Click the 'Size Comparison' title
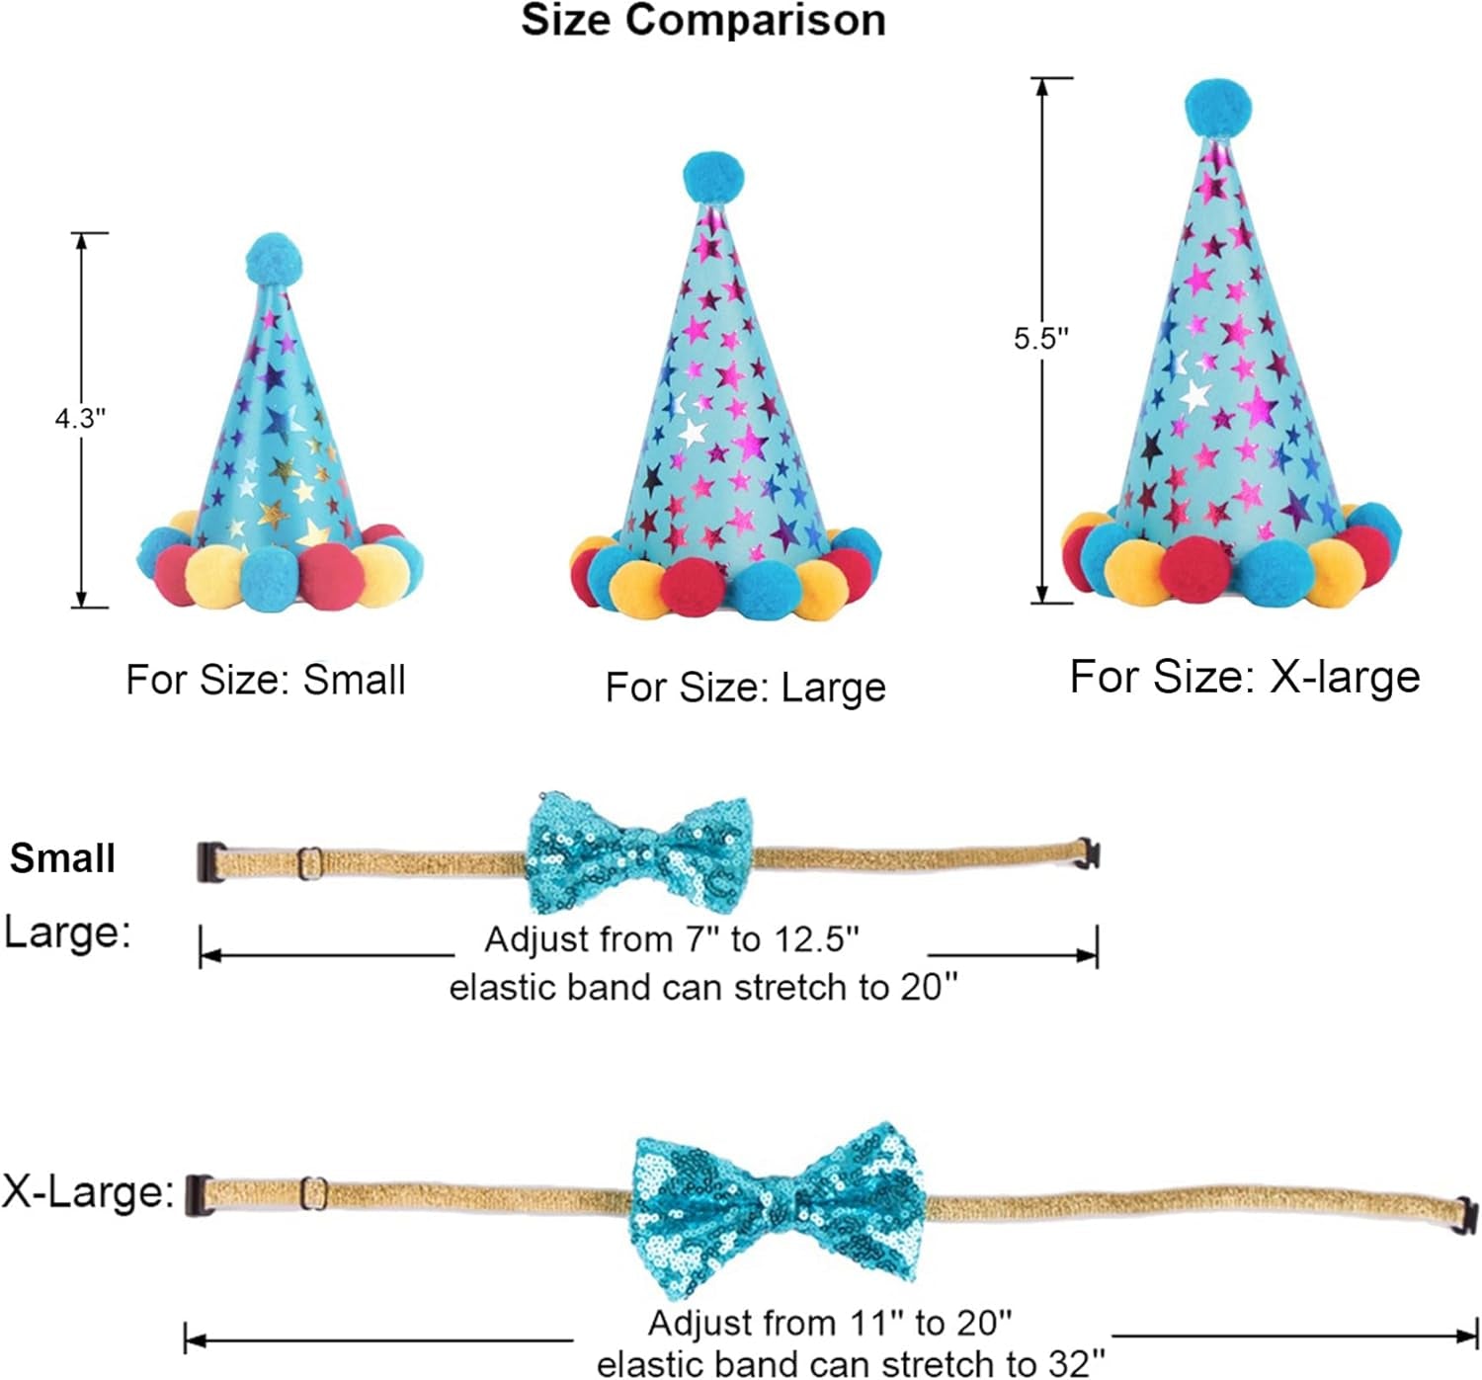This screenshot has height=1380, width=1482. click(x=703, y=20)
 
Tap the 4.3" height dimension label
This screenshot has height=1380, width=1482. click(x=81, y=419)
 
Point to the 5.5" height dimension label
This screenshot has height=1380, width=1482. click(x=1041, y=339)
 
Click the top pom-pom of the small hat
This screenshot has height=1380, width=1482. click(x=275, y=259)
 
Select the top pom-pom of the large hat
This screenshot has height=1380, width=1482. click(x=713, y=178)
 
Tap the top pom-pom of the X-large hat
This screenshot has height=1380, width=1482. click(x=1218, y=109)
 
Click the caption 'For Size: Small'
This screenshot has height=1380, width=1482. click(x=266, y=680)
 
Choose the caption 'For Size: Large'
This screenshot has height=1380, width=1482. click(x=746, y=688)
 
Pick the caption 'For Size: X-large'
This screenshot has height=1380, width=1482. click(x=1245, y=678)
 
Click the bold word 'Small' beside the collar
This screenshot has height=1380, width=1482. click(x=62, y=857)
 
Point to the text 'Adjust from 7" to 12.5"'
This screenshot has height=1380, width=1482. click(x=672, y=938)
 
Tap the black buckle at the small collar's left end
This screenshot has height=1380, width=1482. click(x=210, y=862)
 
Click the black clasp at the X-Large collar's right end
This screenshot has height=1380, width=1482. click(x=1466, y=1217)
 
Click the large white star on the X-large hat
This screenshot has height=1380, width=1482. click(x=1196, y=393)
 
